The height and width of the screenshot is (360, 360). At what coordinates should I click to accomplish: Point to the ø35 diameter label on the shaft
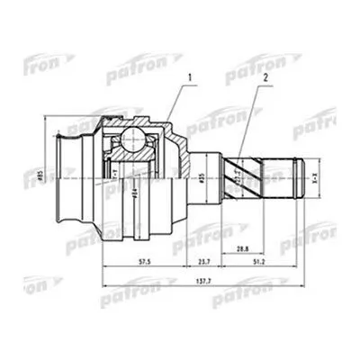[x=203, y=172]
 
